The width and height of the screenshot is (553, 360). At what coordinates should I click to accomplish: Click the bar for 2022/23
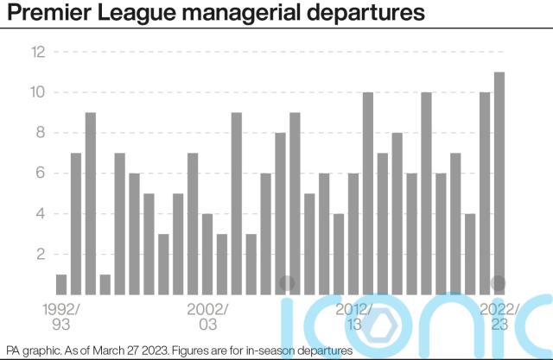[499, 182]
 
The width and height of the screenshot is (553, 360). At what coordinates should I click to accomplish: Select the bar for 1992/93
[61, 284]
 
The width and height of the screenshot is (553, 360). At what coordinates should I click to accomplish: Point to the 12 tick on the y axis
[37, 52]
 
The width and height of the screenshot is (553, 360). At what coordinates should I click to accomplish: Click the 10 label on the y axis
[37, 92]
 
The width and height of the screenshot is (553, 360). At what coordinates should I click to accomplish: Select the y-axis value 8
[39, 133]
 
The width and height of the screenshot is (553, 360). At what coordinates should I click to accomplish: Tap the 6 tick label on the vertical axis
[39, 174]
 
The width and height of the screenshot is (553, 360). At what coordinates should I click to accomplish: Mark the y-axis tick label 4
[39, 214]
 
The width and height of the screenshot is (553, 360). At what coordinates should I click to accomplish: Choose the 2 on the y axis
[39, 255]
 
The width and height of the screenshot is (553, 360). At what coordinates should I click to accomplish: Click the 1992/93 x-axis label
[60, 316]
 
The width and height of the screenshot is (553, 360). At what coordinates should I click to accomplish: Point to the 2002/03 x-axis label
[207, 316]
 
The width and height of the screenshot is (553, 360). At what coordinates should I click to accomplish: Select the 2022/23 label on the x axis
[499, 316]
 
